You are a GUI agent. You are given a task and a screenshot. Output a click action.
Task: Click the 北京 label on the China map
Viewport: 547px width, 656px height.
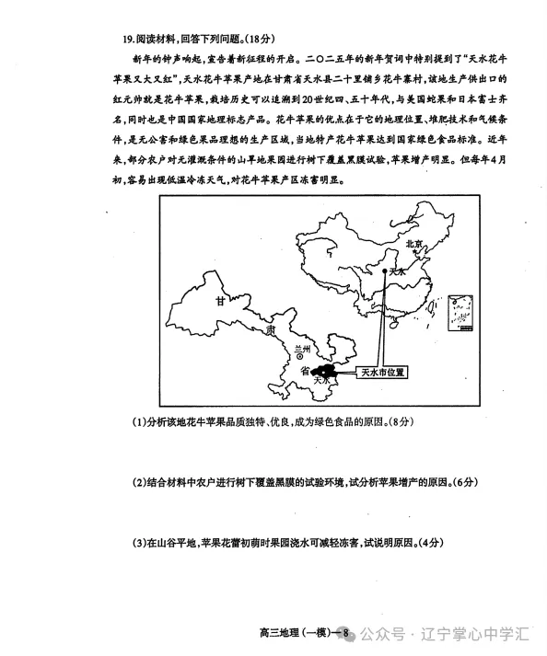point(413,244)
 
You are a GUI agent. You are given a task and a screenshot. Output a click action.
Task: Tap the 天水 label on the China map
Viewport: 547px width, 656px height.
point(398,273)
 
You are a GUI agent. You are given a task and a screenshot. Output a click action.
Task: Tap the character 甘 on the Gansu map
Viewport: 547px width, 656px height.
point(220,301)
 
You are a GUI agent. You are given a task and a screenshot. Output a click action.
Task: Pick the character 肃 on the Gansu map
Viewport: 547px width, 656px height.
point(268,328)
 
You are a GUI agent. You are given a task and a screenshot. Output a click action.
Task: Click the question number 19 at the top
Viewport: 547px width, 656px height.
point(127,40)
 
